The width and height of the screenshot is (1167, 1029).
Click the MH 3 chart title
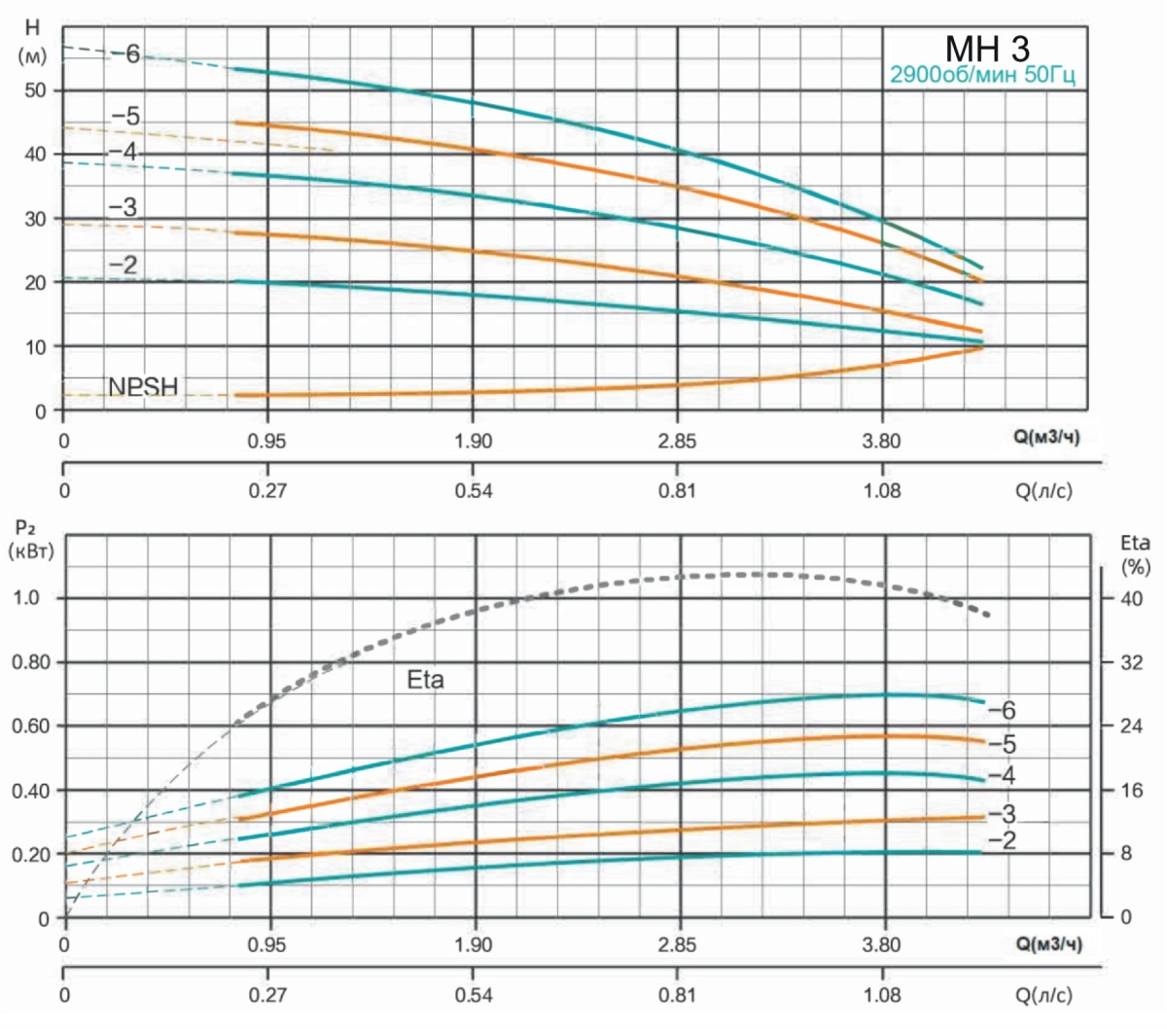pos(987,48)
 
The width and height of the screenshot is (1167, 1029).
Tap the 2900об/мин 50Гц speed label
pos(983,75)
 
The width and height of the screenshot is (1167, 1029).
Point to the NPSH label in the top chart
pos(143,387)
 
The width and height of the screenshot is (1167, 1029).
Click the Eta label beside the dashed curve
pos(425,680)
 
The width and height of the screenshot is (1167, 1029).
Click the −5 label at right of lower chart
pos(1002,745)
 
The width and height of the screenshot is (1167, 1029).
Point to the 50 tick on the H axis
pos(35,90)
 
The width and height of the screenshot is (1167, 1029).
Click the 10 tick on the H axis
pos(35,347)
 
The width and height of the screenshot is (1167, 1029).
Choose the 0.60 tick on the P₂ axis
pos(29,727)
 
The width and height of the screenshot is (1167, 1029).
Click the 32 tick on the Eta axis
pos(1132,662)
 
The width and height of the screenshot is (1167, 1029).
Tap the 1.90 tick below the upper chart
pos(474,442)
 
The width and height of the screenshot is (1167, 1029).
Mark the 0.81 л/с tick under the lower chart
pos(678,995)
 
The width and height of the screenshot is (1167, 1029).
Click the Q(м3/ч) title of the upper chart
pos(1046,438)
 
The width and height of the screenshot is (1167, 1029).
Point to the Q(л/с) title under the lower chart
pos(1044,995)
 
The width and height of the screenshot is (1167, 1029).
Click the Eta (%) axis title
pos(1135,553)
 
